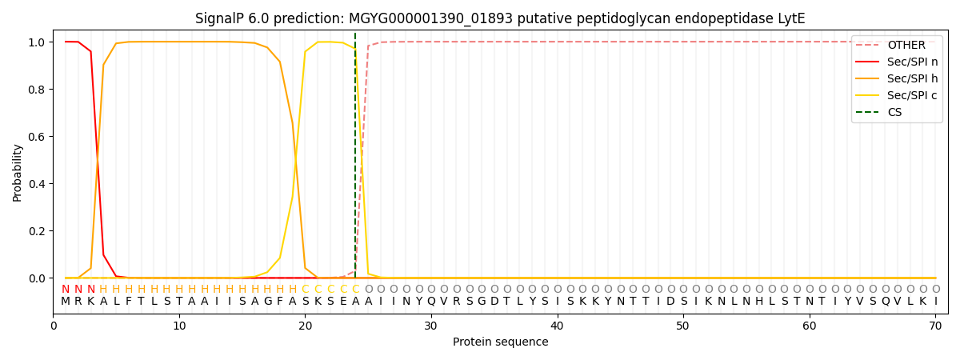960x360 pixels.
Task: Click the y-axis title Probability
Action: pyautogui.click(x=18, y=173)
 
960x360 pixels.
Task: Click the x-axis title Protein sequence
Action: pyautogui.click(x=501, y=342)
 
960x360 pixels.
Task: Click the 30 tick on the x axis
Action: pyautogui.click(x=431, y=326)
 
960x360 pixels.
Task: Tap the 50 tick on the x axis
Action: pyautogui.click(x=682, y=326)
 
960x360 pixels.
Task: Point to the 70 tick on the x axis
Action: pyautogui.click(x=934, y=326)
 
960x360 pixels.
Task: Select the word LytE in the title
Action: pyautogui.click(x=790, y=18)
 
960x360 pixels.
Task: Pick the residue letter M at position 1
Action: pyautogui.click(x=66, y=302)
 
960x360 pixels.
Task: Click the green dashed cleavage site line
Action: pyautogui.click(x=355, y=160)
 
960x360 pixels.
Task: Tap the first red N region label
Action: pyautogui.click(x=66, y=289)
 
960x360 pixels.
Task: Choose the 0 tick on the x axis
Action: pyautogui.click(x=54, y=326)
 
